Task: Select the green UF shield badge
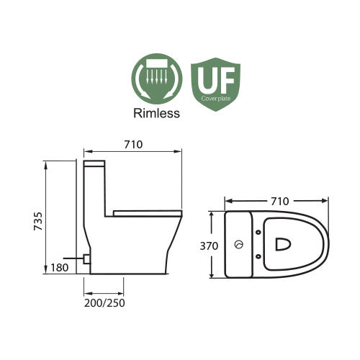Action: point(215,83)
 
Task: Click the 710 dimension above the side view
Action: point(132,144)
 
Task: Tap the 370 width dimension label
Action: point(208,245)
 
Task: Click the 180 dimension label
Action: point(61,268)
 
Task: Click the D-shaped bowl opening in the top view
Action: point(282,245)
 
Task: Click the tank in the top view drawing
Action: point(238,245)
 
